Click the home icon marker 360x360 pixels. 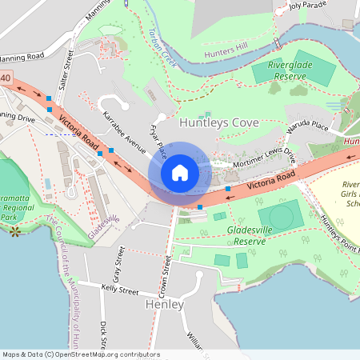(180, 172)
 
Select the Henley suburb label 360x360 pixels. (165, 305)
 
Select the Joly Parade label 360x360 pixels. (308, 5)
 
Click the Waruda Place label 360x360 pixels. (308, 126)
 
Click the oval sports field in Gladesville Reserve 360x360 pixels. (280, 215)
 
